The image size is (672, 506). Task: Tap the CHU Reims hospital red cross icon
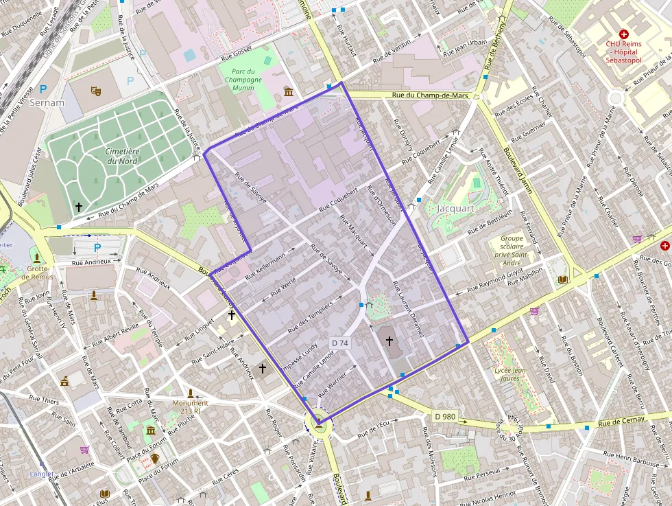pos(623,34)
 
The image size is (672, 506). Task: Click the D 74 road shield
pos(340,343)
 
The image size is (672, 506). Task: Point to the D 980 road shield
pos(445,416)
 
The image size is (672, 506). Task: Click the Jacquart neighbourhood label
pos(455,208)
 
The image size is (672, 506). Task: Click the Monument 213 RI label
pos(190,407)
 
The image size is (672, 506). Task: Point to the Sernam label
pos(47,103)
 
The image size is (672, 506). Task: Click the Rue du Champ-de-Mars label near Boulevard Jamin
pos(429,95)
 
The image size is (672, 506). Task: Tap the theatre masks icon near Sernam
pos(95,91)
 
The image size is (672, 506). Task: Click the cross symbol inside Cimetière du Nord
pos(79,206)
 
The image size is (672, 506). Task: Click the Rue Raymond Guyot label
pos(496,282)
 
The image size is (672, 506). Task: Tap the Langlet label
pos(42,474)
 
